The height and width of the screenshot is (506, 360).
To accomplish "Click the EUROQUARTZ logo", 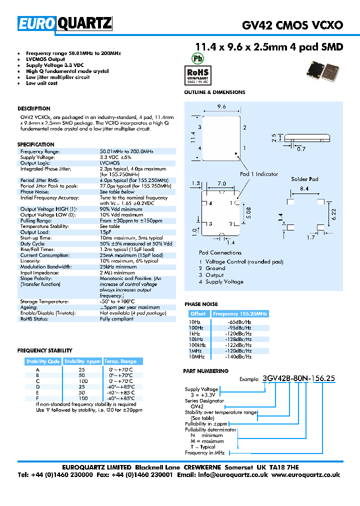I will [65, 23].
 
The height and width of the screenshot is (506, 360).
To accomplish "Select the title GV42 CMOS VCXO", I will [292, 25].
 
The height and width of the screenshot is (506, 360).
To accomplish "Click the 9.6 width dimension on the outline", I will [221, 106].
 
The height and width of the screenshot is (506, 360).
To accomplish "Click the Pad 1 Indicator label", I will [258, 174].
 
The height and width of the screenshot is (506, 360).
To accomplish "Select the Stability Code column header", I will [43, 361].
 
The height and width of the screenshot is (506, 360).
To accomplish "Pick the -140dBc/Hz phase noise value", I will [239, 357].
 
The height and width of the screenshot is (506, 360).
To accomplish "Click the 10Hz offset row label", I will [195, 322].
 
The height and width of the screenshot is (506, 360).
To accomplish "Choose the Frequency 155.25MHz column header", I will [240, 314].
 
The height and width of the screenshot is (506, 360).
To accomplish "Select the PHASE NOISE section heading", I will [201, 304].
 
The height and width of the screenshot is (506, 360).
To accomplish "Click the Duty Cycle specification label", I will [31, 243].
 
